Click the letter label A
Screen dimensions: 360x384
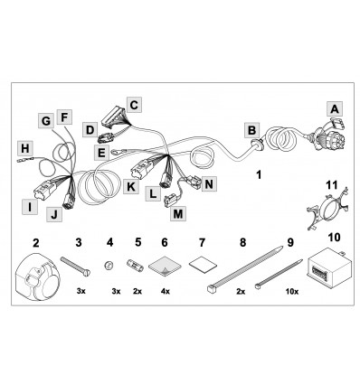pyautogui.click(x=335, y=109)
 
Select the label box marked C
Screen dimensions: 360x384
pyautogui.click(x=134, y=105)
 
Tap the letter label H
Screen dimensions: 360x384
pyautogui.click(x=25, y=148)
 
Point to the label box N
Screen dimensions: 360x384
pyautogui.click(x=209, y=183)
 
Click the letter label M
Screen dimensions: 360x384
pyautogui.click(x=178, y=214)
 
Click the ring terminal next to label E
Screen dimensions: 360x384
pyautogui.click(x=114, y=152)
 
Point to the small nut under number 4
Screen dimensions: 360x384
pyautogui.click(x=109, y=266)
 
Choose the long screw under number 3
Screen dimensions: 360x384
pyautogui.click(x=75, y=265)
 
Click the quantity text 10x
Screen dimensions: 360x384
pyautogui.click(x=292, y=292)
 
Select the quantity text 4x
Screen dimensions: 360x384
pyautogui.click(x=166, y=292)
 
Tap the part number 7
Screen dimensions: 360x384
pyautogui.click(x=202, y=242)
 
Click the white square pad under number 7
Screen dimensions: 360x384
pyautogui.click(x=204, y=265)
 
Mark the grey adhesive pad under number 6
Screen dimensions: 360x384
pyautogui.click(x=165, y=266)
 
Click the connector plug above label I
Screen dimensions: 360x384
pyautogui.click(x=44, y=190)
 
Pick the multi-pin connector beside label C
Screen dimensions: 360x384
pyautogui.click(x=115, y=118)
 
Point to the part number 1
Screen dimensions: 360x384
pyautogui.click(x=259, y=174)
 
